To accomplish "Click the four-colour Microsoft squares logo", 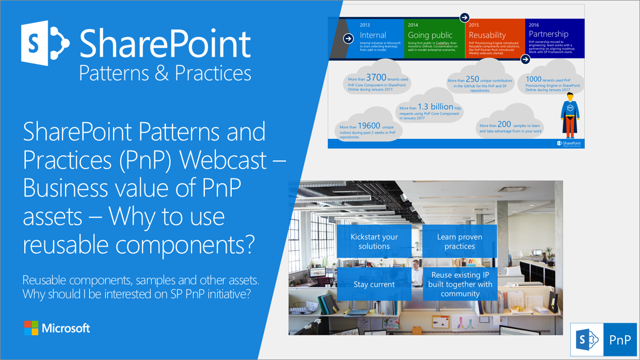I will [x=31, y=328].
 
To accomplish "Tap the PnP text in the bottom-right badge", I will [x=619, y=340].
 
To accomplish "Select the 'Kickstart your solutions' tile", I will [x=374, y=241].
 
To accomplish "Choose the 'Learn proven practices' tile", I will [x=459, y=241].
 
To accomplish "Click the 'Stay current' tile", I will [x=374, y=284].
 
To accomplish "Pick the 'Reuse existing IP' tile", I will [x=460, y=284].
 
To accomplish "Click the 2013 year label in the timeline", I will [x=365, y=25].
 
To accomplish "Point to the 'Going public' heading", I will [x=430, y=36].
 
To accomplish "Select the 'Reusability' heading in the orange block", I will [x=487, y=36].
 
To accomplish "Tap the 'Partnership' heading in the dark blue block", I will [x=548, y=34].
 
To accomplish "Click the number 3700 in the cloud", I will [x=376, y=78].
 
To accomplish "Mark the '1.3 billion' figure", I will [x=435, y=107].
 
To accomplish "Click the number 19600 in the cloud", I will [x=369, y=125].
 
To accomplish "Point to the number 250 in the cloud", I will [x=472, y=79].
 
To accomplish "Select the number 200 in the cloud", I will [x=504, y=124].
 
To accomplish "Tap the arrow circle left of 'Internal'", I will [x=347, y=37].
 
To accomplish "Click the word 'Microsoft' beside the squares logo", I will [x=66, y=328].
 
